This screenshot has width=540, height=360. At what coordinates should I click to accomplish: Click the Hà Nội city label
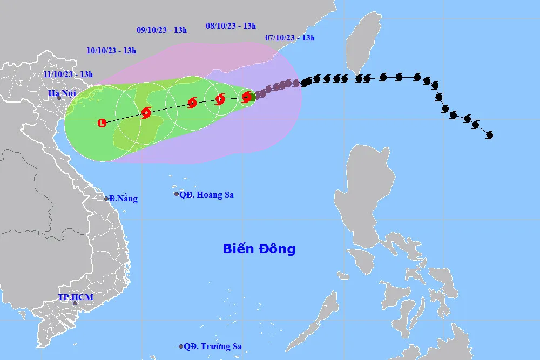pyautogui.click(x=63, y=93)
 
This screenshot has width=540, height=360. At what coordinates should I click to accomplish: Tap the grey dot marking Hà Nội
pyautogui.click(x=59, y=98)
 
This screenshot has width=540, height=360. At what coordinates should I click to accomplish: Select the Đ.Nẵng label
pyautogui.click(x=124, y=199)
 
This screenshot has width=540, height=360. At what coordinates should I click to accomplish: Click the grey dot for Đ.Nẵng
pyautogui.click(x=107, y=199)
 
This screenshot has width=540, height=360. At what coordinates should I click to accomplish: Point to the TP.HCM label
pyautogui.click(x=76, y=297)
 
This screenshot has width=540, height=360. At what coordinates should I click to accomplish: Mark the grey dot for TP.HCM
pyautogui.click(x=75, y=303)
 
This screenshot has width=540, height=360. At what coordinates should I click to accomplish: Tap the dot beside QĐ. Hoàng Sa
pyautogui.click(x=176, y=194)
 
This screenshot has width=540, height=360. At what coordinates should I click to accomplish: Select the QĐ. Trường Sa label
pyautogui.click(x=212, y=347)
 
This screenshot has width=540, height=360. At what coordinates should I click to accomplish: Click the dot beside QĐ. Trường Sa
pyautogui.click(x=181, y=347)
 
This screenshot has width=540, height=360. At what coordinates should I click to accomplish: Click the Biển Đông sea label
pyautogui.click(x=259, y=249)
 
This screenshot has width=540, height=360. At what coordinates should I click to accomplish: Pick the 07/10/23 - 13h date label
pyautogui.click(x=290, y=38)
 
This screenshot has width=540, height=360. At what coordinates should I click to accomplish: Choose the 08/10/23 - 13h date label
pyautogui.click(x=231, y=25)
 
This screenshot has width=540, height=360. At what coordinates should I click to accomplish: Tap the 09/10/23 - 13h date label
pyautogui.click(x=161, y=30)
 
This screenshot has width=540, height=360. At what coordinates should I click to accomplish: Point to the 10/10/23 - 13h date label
pyautogui.click(x=111, y=51)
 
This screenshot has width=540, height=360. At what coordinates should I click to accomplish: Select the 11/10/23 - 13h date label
pyautogui.click(x=68, y=74)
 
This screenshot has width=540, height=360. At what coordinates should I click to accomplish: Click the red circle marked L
pyautogui.click(x=102, y=123)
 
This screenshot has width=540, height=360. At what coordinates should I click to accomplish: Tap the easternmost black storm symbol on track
pyautogui.click(x=489, y=134)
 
